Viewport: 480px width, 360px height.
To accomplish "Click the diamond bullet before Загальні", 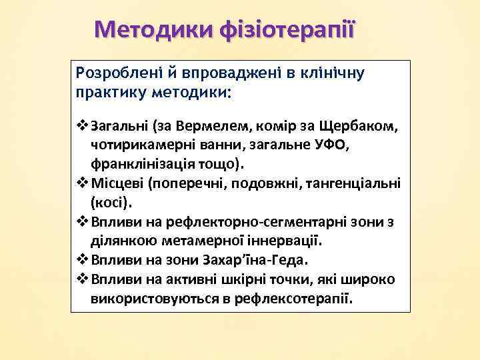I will (x=83, y=125).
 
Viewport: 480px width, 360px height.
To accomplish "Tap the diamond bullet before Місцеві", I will (x=83, y=182).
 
